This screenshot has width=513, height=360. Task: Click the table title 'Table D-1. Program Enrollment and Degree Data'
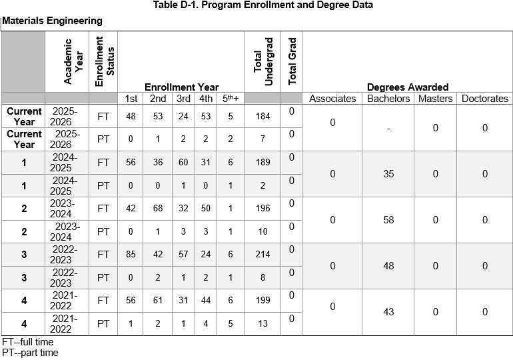tap(263, 5)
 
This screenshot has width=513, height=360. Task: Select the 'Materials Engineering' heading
tap(53, 21)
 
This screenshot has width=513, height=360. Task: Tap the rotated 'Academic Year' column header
tap(73, 61)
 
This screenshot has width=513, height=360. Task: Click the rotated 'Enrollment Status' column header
tap(105, 61)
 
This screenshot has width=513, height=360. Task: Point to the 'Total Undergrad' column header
tap(263, 61)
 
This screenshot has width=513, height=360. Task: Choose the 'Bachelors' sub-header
tap(388, 99)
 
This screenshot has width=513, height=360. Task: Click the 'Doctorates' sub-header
tap(485, 99)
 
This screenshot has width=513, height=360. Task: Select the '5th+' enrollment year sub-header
tap(231, 98)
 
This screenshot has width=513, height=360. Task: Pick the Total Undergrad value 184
tap(263, 116)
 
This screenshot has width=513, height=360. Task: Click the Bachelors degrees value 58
tap(388, 220)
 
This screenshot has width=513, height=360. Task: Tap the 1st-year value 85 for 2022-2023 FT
tap(131, 254)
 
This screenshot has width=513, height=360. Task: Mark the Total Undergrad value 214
tap(263, 254)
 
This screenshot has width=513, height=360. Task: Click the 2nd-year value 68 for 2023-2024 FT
tap(158, 208)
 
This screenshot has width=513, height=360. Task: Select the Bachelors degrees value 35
tap(388, 174)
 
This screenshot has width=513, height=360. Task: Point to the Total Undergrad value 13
tap(263, 323)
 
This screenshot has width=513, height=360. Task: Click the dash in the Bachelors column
tap(388, 129)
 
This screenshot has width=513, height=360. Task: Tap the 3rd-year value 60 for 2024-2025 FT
tap(183, 162)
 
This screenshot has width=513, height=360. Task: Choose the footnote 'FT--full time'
tap(28, 342)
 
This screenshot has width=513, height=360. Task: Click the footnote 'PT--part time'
tap(30, 353)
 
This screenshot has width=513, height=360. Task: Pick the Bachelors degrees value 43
tap(388, 312)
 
